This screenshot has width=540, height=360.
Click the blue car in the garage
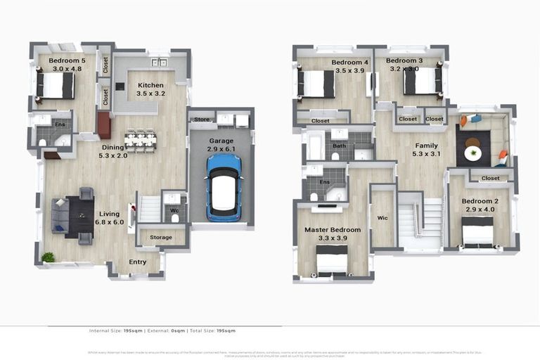(224, 187)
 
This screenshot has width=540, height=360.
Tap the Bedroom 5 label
(67, 60)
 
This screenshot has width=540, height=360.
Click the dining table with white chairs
(140, 139)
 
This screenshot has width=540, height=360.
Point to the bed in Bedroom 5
(56, 86)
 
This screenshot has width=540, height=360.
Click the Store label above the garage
(202, 120)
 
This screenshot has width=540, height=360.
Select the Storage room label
(161, 238)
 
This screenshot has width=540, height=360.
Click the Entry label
(138, 262)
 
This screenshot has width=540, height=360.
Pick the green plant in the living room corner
(48, 257)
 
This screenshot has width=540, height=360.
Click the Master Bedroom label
(332, 230)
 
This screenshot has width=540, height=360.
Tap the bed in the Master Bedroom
(331, 263)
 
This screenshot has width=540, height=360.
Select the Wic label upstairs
(383, 217)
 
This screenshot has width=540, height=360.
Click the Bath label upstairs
(340, 146)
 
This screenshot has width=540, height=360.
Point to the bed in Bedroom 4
(316, 84)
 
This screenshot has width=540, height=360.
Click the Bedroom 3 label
(404, 61)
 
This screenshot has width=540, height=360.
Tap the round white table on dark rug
(473, 153)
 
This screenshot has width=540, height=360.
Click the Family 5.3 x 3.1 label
(425, 150)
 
